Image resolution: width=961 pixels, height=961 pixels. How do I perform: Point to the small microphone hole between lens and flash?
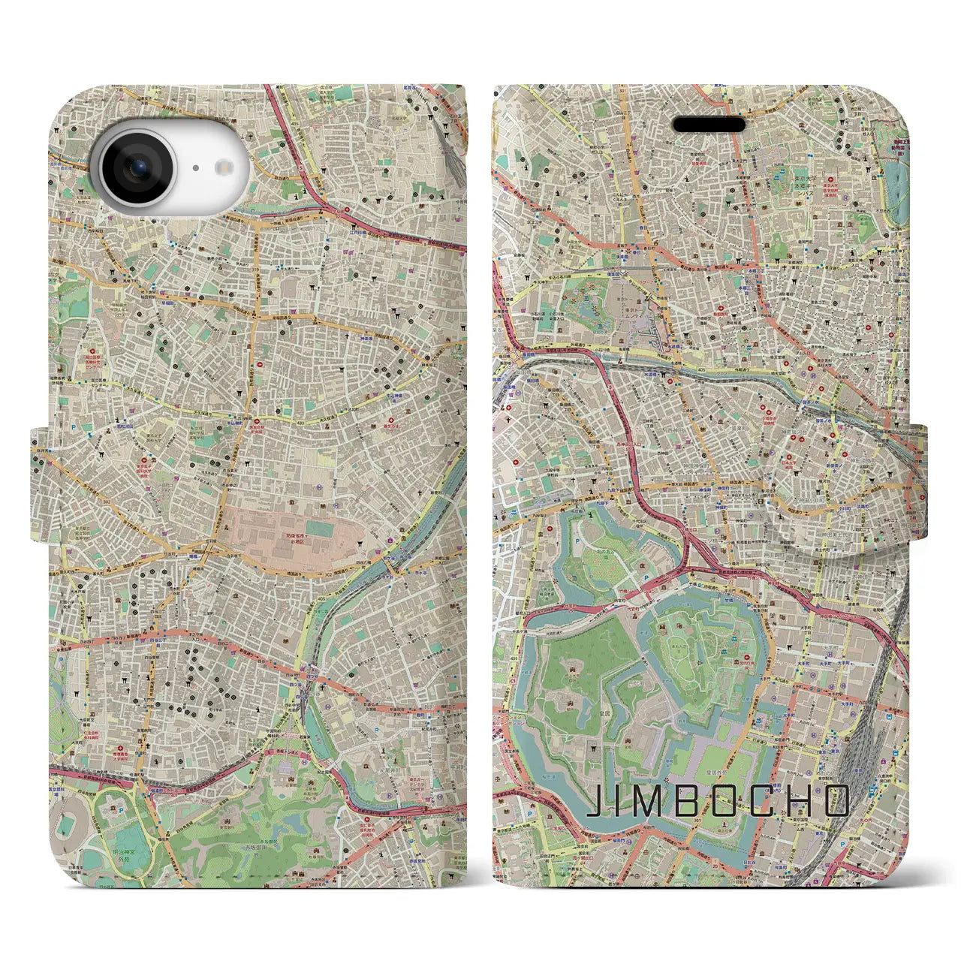pyautogui.click(x=194, y=169)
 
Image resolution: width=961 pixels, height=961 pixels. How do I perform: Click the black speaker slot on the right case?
pyautogui.click(x=709, y=124)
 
